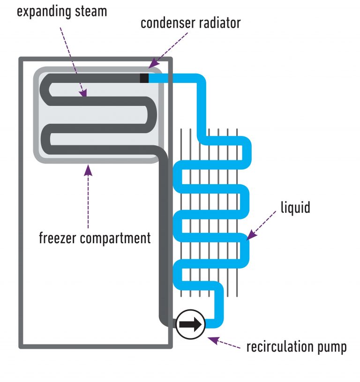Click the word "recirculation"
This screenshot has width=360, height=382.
click(280, 347)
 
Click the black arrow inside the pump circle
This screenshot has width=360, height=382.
click(190, 324)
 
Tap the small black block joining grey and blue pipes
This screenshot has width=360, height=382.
click(144, 78)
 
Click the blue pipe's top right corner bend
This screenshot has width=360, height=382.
click(201, 82)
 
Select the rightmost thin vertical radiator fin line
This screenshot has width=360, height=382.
click(237, 206)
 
